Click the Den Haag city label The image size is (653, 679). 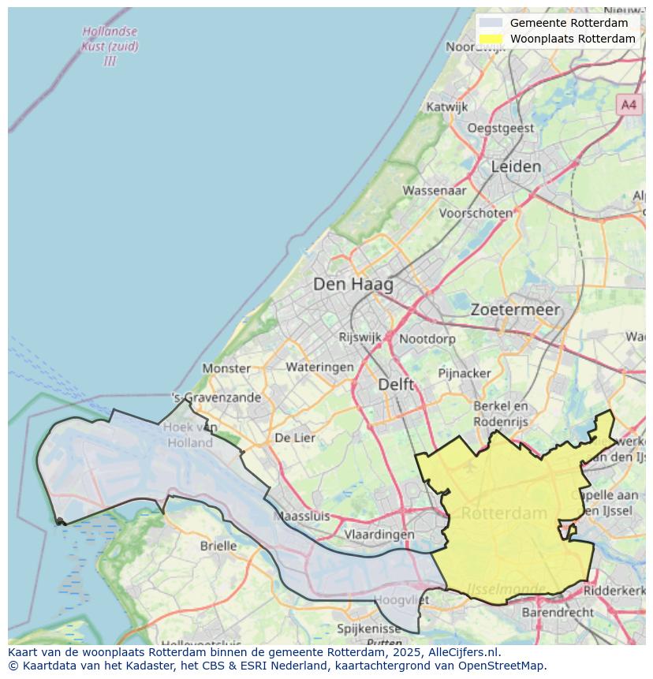pyautogui.click(x=353, y=284)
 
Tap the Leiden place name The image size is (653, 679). pyautogui.click(x=516, y=166)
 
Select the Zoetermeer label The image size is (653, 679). pyautogui.click(x=515, y=310)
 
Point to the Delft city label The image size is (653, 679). pyautogui.click(x=395, y=384)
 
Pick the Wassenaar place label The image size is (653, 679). pyautogui.click(x=434, y=190)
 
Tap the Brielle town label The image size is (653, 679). pyautogui.click(x=218, y=545)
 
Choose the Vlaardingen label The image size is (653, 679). pyautogui.click(x=379, y=534)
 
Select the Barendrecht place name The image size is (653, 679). pyautogui.click(x=558, y=612)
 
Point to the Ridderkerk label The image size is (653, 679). pyautogui.click(x=614, y=589)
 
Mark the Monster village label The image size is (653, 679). pyautogui.click(x=226, y=368)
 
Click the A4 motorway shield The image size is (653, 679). pyautogui.click(x=628, y=104)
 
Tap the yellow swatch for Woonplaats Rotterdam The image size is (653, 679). pyautogui.click(x=490, y=39)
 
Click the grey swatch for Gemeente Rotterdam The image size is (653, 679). pyautogui.click(x=490, y=23)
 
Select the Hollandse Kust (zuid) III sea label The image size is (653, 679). pyautogui.click(x=110, y=47)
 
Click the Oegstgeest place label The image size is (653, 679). pyautogui.click(x=500, y=128)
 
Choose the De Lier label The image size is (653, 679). pyautogui.click(x=294, y=438)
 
